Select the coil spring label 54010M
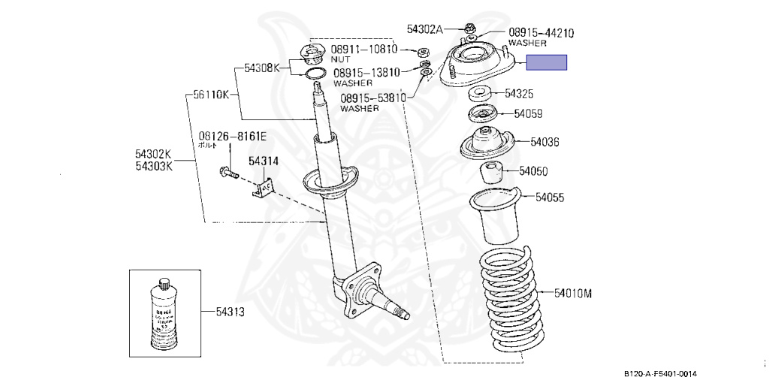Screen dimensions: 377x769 (573, 292)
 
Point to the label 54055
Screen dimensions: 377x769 (550, 198)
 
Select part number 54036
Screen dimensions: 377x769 (544, 141)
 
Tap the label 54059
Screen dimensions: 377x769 (528, 114)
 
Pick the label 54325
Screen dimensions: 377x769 (519, 94)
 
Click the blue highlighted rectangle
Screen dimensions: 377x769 (546, 63)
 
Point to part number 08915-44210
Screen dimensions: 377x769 (541, 32)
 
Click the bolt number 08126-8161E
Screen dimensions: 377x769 (232, 136)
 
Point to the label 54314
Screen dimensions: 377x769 (263, 161)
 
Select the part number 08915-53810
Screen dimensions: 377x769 (372, 98)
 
